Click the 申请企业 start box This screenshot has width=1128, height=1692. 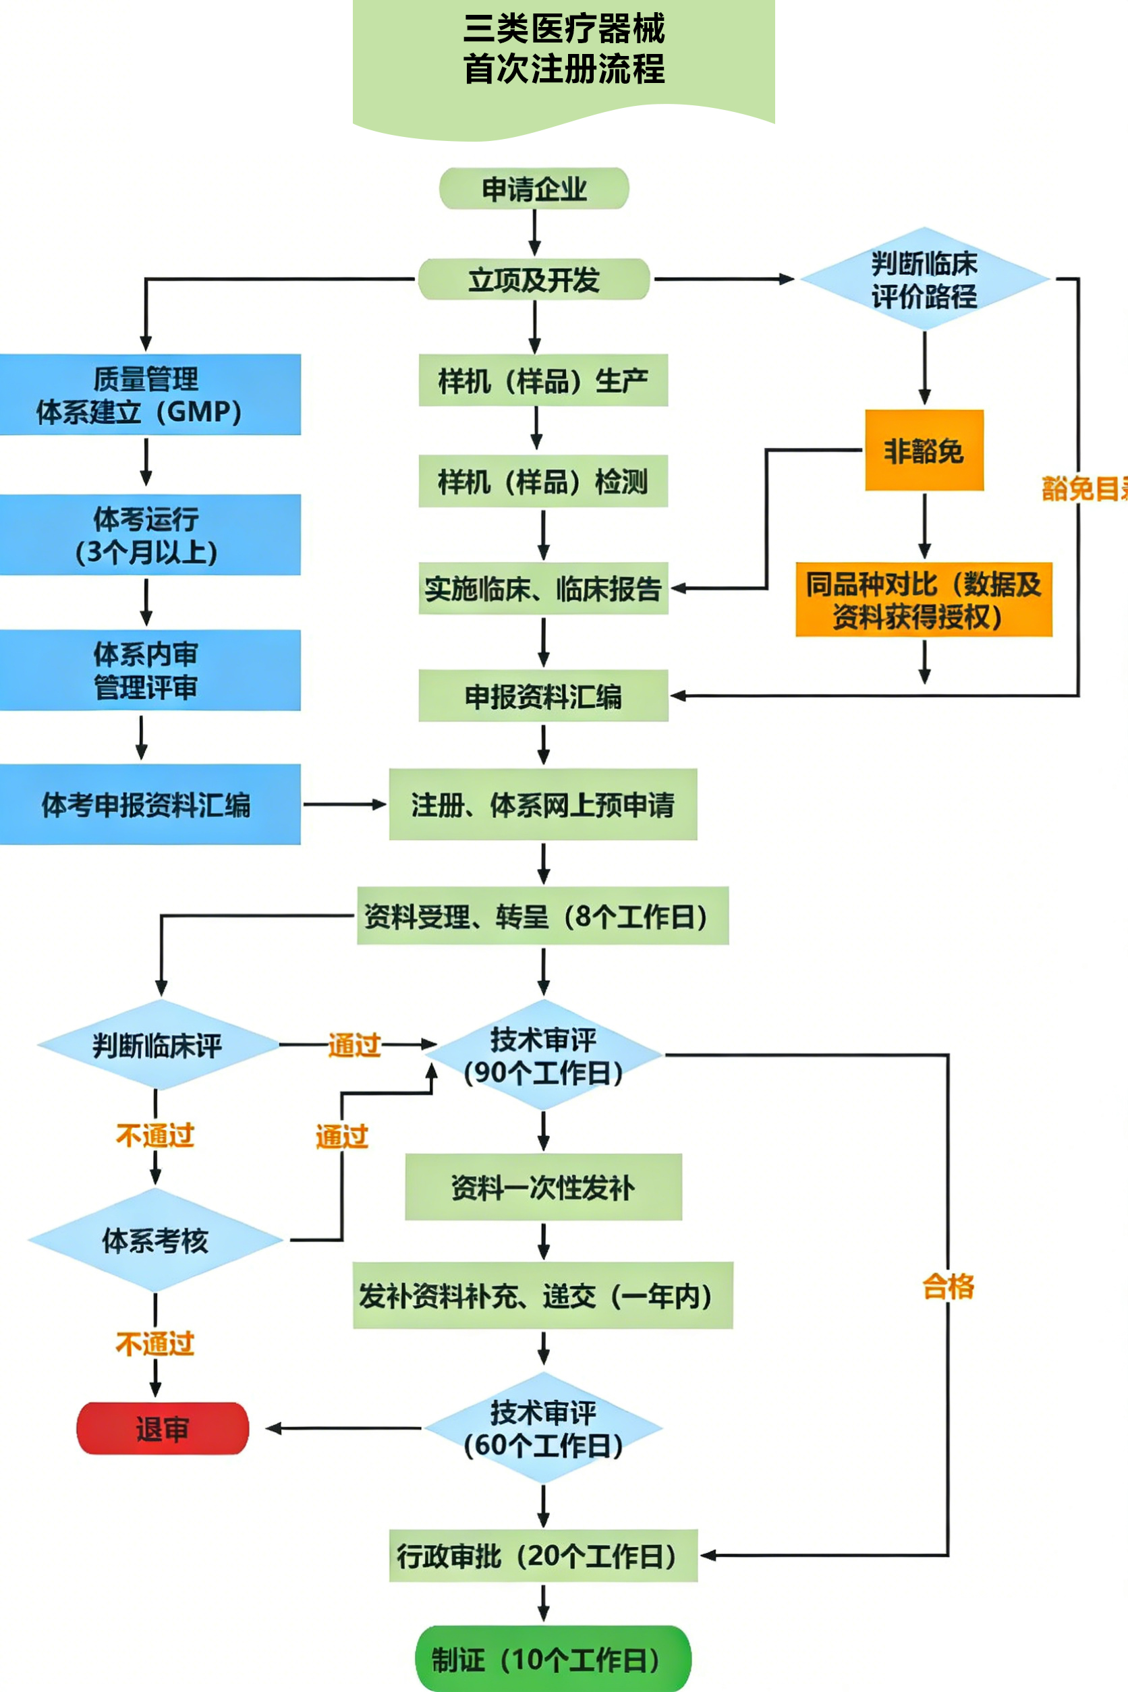click(x=534, y=189)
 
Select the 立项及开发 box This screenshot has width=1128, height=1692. click(x=534, y=280)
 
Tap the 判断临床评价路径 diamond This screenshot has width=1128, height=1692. click(x=924, y=280)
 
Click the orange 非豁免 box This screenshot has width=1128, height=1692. click(x=924, y=451)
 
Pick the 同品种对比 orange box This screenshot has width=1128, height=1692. click(x=924, y=600)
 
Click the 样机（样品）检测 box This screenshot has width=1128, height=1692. click(x=543, y=481)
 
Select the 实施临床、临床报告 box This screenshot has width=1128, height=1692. click(x=543, y=588)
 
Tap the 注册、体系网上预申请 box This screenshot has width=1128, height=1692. click(x=543, y=804)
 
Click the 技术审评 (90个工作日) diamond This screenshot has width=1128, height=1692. click(x=543, y=1055)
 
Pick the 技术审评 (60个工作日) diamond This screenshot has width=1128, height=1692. click(x=543, y=1428)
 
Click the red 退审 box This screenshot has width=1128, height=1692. click(x=163, y=1429)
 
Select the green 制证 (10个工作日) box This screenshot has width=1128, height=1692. click(x=553, y=1659)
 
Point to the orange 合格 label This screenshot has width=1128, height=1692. click(x=948, y=1287)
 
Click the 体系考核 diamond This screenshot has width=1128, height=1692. click(x=155, y=1240)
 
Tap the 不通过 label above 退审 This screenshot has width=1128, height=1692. click(x=155, y=1343)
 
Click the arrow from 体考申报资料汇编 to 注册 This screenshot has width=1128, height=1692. click(x=344, y=804)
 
